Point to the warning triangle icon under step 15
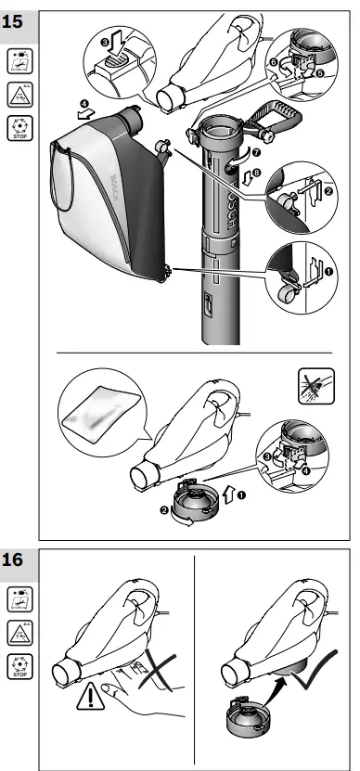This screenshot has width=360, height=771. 18,93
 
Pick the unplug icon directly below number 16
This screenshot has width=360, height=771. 18,598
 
